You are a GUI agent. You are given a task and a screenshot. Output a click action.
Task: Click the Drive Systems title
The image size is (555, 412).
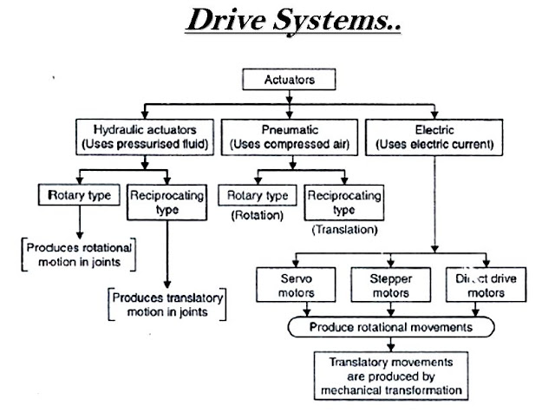(x=293, y=21)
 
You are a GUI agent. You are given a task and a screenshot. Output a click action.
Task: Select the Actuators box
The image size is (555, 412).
(x=289, y=79)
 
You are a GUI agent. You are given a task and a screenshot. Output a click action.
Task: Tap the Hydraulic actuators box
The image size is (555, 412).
(x=145, y=137)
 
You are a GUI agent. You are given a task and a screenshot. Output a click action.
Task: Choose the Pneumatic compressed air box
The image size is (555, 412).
(x=289, y=137)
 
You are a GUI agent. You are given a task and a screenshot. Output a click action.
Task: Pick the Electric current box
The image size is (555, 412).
(x=434, y=137)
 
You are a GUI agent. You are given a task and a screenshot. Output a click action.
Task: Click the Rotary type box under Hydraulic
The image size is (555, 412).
(x=79, y=194)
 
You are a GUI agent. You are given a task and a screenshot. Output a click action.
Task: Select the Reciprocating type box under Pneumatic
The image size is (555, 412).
(x=344, y=202)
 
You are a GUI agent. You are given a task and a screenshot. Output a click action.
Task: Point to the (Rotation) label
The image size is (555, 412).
(x=258, y=215)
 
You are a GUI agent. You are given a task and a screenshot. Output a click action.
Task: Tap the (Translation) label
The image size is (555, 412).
(x=345, y=230)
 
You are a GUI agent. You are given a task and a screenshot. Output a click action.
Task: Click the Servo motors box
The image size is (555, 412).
(x=296, y=285)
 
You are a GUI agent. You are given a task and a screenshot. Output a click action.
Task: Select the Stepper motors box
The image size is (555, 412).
(x=391, y=285)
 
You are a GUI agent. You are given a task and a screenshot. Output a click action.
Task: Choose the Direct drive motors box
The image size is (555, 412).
(x=486, y=285)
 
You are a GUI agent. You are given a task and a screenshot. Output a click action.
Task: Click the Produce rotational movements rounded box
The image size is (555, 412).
(x=391, y=327)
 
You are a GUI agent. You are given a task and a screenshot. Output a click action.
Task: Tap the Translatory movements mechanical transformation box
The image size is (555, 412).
(x=391, y=376)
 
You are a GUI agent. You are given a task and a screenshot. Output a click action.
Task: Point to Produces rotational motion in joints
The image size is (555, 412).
(x=79, y=254)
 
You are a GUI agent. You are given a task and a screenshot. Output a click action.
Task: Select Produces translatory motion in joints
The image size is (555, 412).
(x=167, y=304)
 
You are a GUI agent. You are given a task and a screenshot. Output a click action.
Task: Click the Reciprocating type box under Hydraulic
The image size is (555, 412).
(x=166, y=202)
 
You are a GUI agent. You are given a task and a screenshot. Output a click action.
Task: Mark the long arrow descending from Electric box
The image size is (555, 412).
(x=434, y=204)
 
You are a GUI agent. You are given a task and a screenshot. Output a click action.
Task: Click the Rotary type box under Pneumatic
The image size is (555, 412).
(x=258, y=195)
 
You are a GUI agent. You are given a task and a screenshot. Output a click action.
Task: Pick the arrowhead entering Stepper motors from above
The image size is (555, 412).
(x=391, y=264)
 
